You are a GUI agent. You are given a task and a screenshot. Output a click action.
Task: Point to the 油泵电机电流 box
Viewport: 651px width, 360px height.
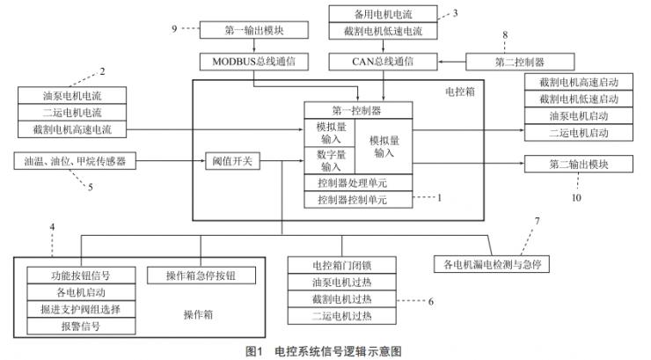pyautogui.click(x=72, y=95)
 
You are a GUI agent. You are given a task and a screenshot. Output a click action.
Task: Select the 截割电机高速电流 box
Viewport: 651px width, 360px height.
pyautogui.click(x=72, y=129)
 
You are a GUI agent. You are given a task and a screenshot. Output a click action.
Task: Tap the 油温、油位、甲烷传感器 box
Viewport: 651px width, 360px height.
pyautogui.click(x=72, y=161)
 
